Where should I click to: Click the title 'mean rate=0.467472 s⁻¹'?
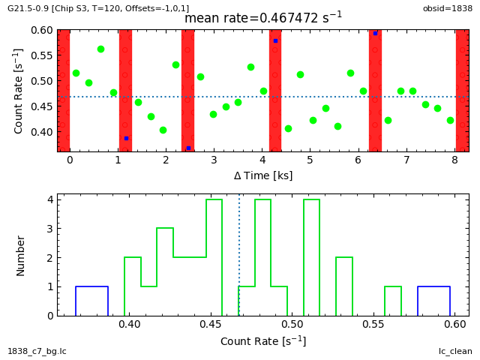(x=262, y=17)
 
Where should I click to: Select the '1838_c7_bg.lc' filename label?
(x=37, y=351)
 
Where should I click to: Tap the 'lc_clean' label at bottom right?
(x=456, y=351)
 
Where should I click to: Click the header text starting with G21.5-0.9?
(x=98, y=8)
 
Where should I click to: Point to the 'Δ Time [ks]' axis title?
(x=262, y=175)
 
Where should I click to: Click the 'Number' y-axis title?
(x=21, y=255)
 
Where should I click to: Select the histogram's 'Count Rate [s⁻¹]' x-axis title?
(x=262, y=341)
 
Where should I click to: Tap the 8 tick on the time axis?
(x=454, y=160)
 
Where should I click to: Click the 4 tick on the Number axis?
(x=49, y=199)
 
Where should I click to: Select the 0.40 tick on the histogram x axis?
(x=130, y=325)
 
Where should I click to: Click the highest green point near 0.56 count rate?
(x=100, y=49)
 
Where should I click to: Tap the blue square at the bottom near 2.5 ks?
(x=188, y=148)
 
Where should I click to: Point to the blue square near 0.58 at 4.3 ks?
(x=275, y=40)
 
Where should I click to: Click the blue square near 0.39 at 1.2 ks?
(x=126, y=138)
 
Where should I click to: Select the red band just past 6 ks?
(x=375, y=90)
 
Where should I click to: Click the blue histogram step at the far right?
(x=433, y=287)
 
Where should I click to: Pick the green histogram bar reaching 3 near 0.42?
(x=165, y=229)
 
